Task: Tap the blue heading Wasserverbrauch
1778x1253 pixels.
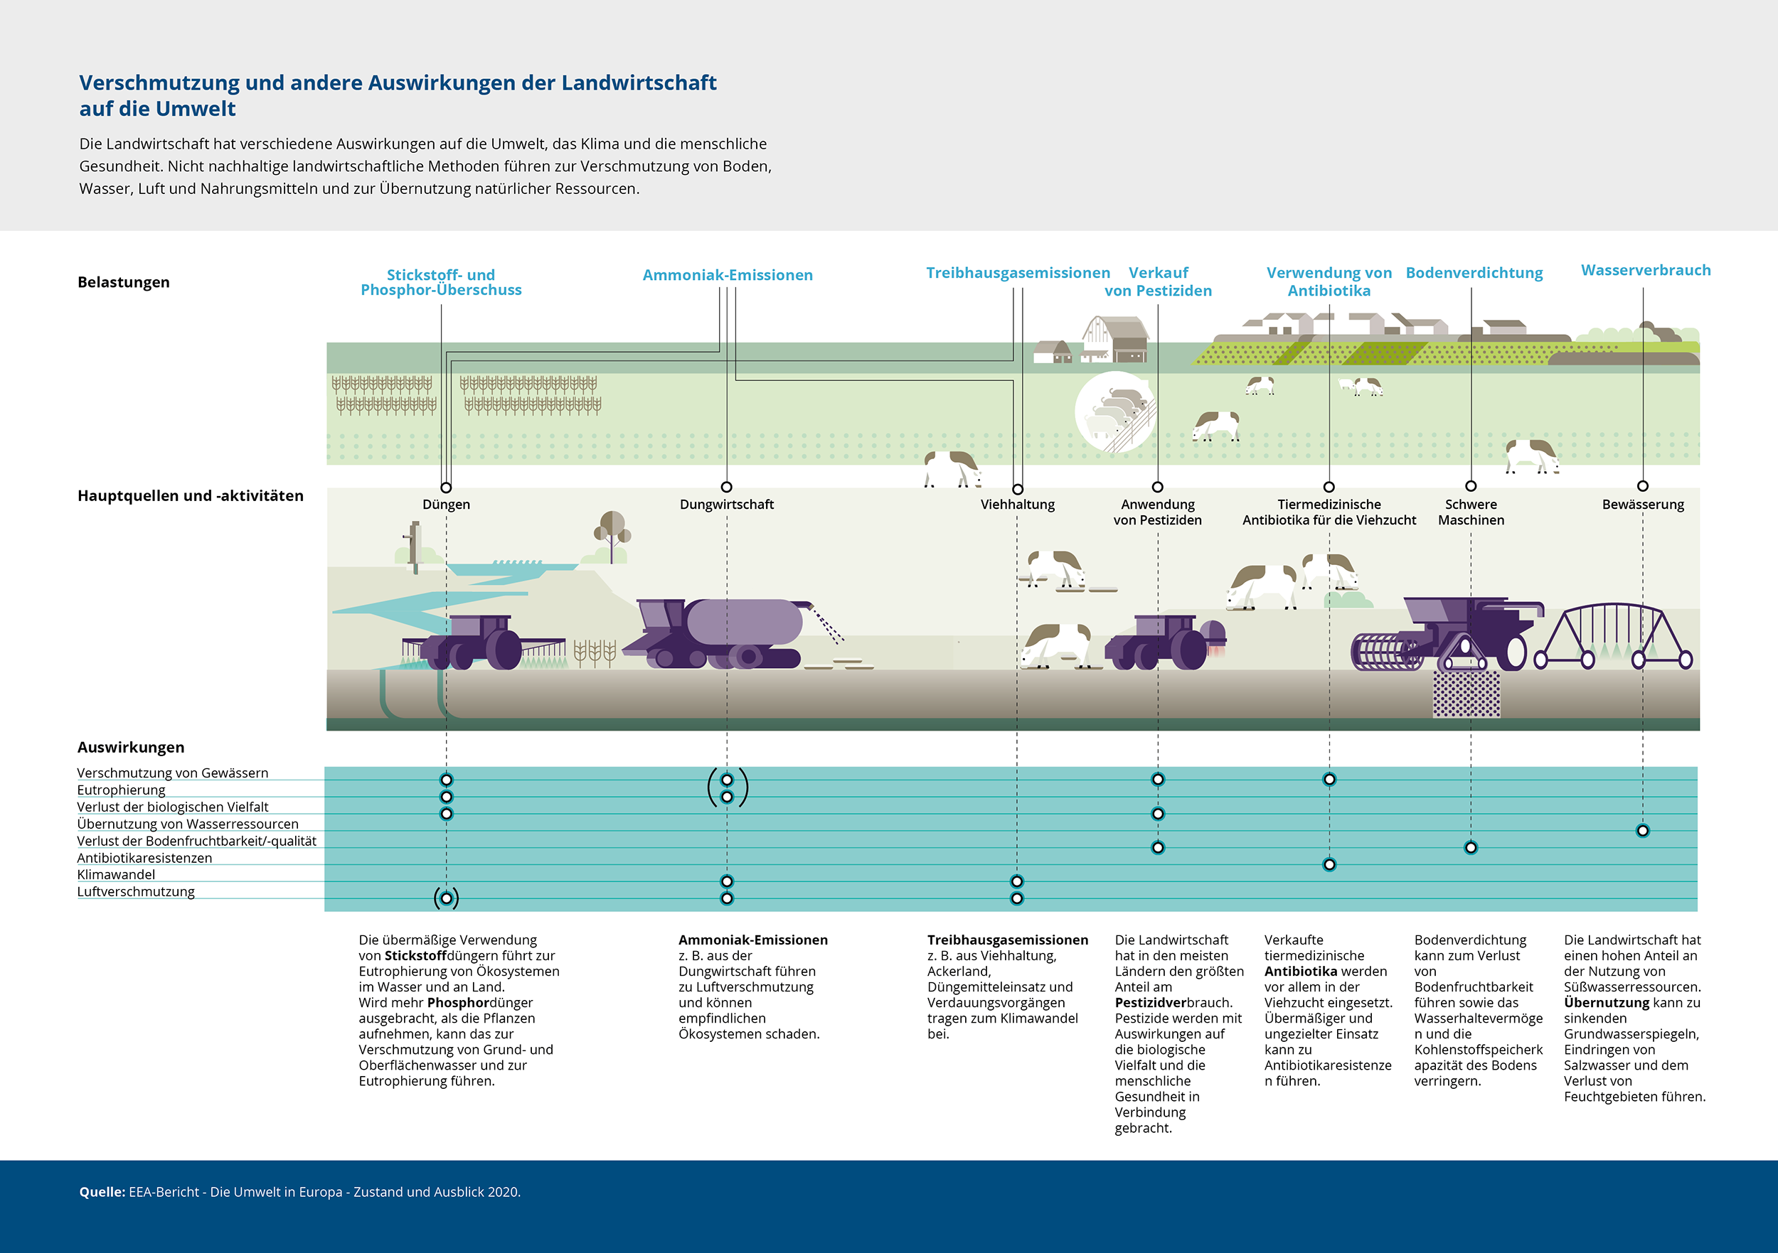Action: pos(1646,270)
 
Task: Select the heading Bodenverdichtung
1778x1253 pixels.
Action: pos(1474,272)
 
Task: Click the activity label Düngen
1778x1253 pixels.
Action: pos(446,504)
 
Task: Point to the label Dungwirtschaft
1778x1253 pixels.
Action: pos(726,504)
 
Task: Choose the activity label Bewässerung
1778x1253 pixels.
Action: pos(1642,504)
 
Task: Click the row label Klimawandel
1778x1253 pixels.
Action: pos(116,875)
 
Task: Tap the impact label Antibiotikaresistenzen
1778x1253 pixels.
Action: pos(144,858)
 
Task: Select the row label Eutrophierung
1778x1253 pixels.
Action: pos(121,790)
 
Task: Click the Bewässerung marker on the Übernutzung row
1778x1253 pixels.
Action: pos(1642,830)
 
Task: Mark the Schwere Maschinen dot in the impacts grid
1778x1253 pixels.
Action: pos(1471,847)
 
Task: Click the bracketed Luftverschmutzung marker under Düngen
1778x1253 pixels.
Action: pos(446,898)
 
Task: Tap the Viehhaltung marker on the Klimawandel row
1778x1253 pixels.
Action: pos(1017,881)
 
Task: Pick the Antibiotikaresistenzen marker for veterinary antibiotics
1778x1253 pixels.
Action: pos(1329,864)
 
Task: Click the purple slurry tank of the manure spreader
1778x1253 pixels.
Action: pos(744,621)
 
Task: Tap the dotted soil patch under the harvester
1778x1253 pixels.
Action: pos(1466,694)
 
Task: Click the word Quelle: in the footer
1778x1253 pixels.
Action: pos(102,1192)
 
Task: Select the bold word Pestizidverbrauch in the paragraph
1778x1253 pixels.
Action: pos(1173,1002)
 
